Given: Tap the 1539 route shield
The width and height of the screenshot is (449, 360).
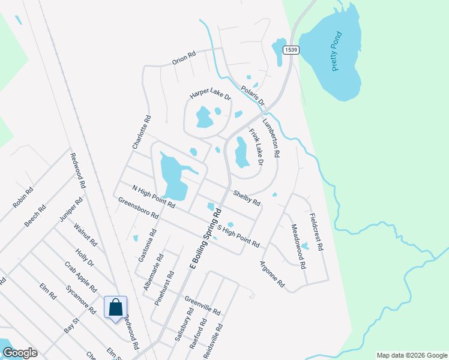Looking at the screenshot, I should (291, 50).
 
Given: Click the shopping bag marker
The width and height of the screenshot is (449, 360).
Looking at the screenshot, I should (115, 308).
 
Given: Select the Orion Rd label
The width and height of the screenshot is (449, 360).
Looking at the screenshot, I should (184, 56).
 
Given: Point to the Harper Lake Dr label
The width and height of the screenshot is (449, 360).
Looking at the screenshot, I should (210, 97).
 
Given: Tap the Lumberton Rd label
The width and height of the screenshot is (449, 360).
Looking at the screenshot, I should (271, 136).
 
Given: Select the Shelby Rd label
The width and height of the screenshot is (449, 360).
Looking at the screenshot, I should (247, 197).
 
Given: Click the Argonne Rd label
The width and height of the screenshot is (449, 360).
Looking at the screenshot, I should (272, 274).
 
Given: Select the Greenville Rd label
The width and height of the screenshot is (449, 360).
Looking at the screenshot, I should (203, 306).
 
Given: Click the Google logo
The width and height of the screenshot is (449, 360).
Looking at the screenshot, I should (19, 353).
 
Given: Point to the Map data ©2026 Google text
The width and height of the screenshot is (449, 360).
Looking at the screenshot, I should (411, 355).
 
